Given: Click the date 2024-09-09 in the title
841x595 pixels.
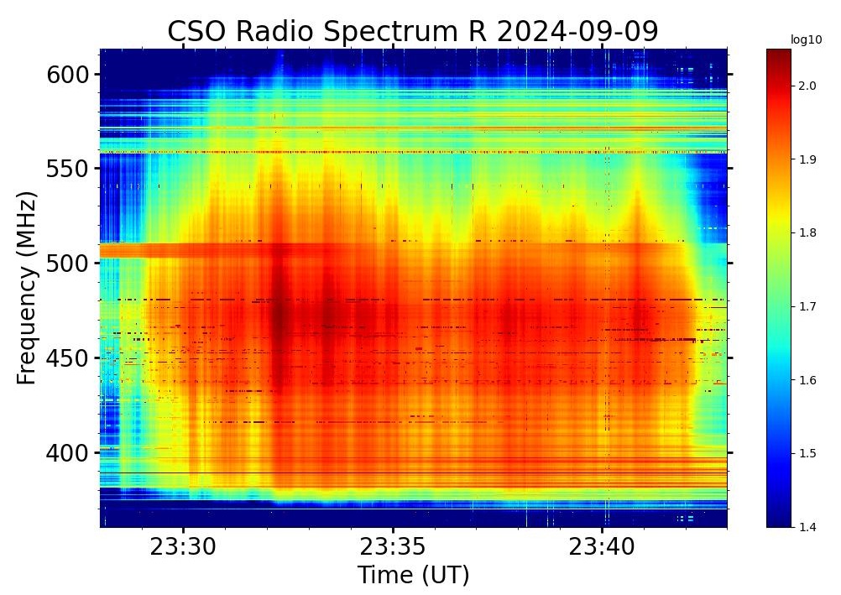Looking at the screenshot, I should pyautogui.click(x=577, y=31).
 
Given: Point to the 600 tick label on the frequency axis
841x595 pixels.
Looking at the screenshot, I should pyautogui.click(x=67, y=75).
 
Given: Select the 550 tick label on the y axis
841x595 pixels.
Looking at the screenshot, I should pyautogui.click(x=67, y=169).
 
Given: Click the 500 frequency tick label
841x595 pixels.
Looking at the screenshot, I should pyautogui.click(x=67, y=264).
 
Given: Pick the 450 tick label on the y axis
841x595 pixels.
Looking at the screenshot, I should pyautogui.click(x=67, y=358).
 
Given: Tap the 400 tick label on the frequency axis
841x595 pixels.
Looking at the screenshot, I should pyautogui.click(x=67, y=453).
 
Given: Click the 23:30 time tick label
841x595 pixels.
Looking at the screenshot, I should pyautogui.click(x=183, y=548).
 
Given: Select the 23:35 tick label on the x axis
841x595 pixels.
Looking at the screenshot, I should pyautogui.click(x=393, y=548).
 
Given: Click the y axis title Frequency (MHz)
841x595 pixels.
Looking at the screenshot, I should pyautogui.click(x=27, y=288).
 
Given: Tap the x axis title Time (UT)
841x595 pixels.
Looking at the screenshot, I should pyautogui.click(x=413, y=576).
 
